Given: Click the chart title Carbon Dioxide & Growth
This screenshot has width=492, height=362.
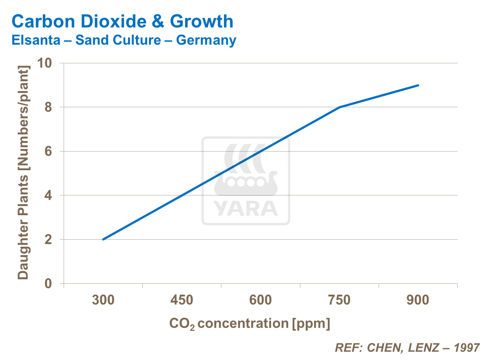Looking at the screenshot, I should tap(122, 21).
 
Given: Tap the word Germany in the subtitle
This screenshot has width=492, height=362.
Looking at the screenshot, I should tap(206, 40).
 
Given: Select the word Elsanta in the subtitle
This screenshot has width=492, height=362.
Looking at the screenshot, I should tap(36, 40).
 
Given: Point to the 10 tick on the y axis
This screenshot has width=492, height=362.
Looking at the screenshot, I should tap(45, 63).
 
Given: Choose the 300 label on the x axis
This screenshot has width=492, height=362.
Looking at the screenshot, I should tap(103, 300).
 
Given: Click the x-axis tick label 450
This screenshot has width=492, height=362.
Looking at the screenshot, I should tap(182, 300).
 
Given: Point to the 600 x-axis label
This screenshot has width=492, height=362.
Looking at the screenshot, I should tap(260, 300).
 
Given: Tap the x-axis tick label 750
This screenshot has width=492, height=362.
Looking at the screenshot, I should tap(339, 300).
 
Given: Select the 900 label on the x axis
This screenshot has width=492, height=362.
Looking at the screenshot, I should tap(418, 300).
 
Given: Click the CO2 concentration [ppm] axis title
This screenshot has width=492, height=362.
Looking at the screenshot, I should tap(249, 324).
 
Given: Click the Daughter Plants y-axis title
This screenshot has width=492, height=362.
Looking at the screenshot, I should tap(23, 173).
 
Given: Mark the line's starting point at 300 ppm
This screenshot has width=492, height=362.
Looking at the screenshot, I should tap(103, 239).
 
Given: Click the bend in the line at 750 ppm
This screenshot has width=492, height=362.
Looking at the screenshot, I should tap(339, 107).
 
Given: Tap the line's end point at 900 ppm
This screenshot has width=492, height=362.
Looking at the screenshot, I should tap(418, 85).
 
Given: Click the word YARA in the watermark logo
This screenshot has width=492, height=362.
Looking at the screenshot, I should tap(246, 209).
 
